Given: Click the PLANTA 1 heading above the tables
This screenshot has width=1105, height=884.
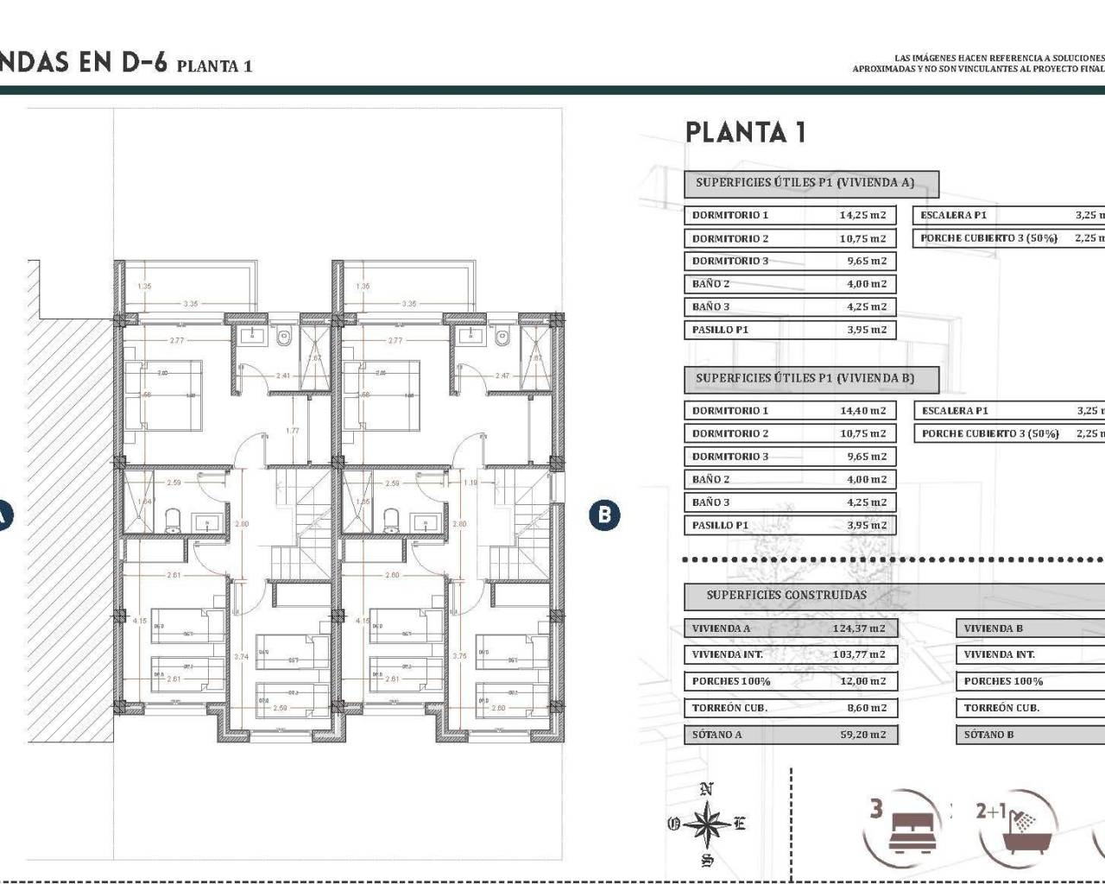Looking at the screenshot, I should coord(745,132).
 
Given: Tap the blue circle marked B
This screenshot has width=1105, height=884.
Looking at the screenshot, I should coord(604,515).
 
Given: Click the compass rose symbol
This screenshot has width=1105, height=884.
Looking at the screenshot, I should coord(707,824).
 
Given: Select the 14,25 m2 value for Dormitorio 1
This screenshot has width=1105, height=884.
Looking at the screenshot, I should coord(862,215).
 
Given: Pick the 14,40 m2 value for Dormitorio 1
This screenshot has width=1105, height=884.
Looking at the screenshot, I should coord(862,411).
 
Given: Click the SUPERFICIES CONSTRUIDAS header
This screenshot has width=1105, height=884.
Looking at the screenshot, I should coord(786,595).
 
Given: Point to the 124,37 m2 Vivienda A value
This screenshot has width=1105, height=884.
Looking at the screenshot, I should coord(859,628).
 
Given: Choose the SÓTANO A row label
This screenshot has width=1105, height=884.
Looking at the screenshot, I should coord(717,735).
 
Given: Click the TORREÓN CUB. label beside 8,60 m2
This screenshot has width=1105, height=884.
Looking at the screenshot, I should coord(729,708).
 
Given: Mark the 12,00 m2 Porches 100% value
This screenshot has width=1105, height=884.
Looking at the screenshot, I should coord(862,681).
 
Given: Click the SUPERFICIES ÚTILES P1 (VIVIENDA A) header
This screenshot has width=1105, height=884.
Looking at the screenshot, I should coord(805,183).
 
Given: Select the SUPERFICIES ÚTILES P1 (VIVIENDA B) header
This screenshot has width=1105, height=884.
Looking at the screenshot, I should coord(805,378).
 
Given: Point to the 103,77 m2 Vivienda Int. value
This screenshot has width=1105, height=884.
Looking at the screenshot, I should coord(859,654).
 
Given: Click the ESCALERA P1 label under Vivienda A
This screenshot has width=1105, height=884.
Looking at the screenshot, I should coord(953,215).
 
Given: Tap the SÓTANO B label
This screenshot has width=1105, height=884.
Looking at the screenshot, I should coord(988,735).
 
